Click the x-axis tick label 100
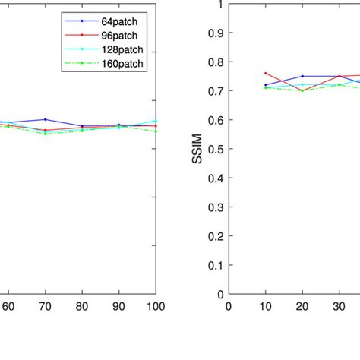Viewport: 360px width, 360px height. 155,307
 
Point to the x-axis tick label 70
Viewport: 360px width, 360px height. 45,307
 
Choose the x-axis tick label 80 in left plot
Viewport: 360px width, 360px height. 82,307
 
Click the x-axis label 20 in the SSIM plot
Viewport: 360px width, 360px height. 302,307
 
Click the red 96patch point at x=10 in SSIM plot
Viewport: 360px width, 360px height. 265,74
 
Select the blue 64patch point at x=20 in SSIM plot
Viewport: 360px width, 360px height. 302,76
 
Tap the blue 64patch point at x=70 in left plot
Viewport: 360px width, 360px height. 45,119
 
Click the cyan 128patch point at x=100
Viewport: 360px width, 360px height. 156,121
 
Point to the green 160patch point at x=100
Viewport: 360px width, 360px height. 156,131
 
